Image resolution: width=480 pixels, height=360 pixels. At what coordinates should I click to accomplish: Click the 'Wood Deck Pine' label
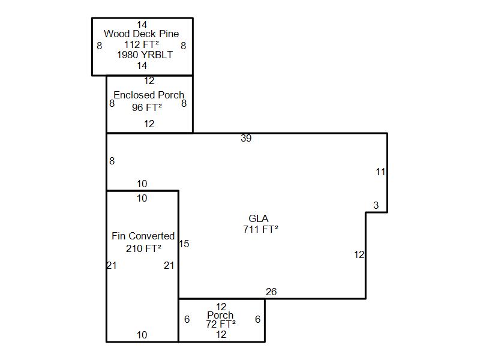[142, 34]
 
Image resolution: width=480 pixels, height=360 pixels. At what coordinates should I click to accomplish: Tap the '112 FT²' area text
[142, 44]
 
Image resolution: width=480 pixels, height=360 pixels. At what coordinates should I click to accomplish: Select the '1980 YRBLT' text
[145, 55]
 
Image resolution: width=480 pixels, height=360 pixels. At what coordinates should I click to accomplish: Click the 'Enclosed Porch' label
[149, 95]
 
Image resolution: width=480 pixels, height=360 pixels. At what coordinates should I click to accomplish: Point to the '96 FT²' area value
[147, 107]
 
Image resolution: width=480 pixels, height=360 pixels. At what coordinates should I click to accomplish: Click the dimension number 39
[246, 139]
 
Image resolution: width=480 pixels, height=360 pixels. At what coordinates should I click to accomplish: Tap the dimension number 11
[380, 172]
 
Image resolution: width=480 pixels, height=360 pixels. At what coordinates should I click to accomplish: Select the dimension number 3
[376, 205]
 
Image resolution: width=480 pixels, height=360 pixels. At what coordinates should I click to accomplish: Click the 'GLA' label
[259, 218]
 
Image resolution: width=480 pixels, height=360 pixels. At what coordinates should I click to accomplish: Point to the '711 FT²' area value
[261, 229]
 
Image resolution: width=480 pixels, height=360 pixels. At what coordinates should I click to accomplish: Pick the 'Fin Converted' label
[143, 236]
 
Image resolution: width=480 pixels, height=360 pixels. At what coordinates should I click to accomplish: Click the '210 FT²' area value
[143, 248]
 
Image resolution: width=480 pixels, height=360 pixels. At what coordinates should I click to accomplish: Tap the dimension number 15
[184, 244]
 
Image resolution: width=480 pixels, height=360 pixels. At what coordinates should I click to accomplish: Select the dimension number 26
[271, 292]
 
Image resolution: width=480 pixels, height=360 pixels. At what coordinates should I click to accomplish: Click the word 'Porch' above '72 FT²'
[220, 315]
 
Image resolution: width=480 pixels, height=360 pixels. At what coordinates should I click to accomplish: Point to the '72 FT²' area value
[221, 324]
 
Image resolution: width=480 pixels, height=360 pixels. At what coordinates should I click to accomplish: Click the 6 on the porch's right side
[258, 319]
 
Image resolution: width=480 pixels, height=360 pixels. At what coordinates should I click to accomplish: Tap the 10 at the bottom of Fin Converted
[142, 335]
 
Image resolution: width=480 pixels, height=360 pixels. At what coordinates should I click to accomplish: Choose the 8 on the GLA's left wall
[112, 161]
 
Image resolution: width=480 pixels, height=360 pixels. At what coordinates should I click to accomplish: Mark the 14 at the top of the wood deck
[142, 25]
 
